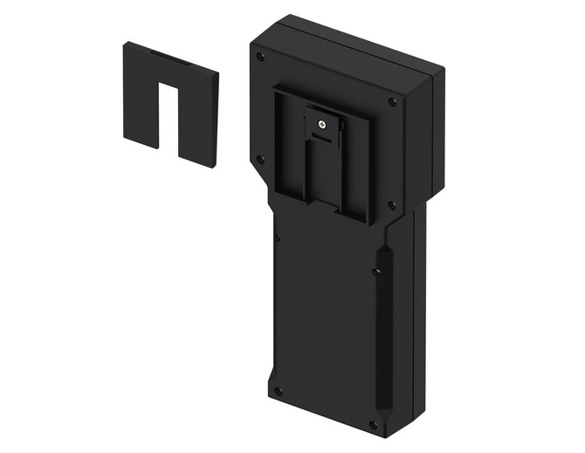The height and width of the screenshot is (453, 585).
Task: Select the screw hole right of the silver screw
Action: coord(392,102)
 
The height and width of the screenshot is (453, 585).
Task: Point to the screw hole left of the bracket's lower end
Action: coord(259,159)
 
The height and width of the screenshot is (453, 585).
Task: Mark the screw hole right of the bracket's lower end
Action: coord(391,206)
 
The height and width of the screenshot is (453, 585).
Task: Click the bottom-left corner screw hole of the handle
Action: coord(278,391)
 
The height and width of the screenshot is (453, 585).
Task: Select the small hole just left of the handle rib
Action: coord(374,271)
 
